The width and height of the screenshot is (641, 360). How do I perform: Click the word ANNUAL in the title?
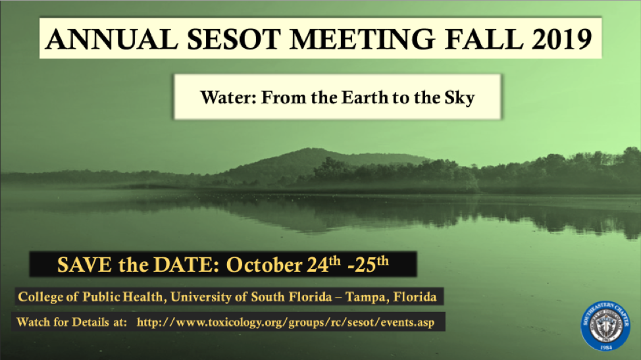tap(112, 39)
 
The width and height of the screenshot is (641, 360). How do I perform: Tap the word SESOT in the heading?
tap(234, 39)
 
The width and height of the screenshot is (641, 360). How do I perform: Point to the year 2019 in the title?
tap(561, 39)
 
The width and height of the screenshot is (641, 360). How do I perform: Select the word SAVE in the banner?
tap(84, 265)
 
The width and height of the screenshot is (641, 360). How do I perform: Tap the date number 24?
tap(318, 265)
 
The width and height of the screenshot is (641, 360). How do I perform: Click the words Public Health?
tap(122, 297)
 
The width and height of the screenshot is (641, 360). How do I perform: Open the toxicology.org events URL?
tap(286, 322)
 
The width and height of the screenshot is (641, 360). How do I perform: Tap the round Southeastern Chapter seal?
tap(605, 326)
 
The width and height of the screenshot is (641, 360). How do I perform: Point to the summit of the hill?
tap(306, 149)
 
